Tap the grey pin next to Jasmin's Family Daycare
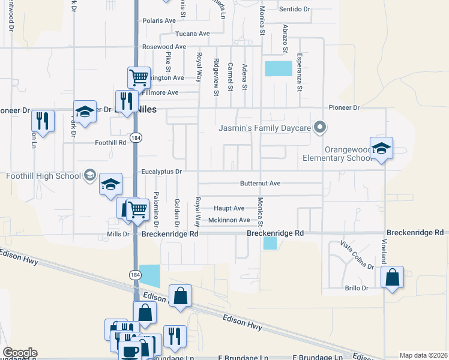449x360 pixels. (x=321, y=127)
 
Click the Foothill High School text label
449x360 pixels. (x=43, y=176)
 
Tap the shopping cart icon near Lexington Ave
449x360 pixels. (x=139, y=77)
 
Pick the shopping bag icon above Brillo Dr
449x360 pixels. (x=392, y=278)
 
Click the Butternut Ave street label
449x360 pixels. (x=261, y=183)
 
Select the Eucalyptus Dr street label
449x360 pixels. (x=161, y=172)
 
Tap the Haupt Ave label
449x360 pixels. (x=229, y=208)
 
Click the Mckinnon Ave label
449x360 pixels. (x=229, y=220)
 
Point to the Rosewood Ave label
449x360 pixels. (x=164, y=46)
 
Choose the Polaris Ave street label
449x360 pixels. (x=159, y=20)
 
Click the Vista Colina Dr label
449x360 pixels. (x=357, y=255)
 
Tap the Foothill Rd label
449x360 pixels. (x=110, y=143)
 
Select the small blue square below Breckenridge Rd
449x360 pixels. (x=270, y=243)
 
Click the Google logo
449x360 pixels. (x=20, y=353)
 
